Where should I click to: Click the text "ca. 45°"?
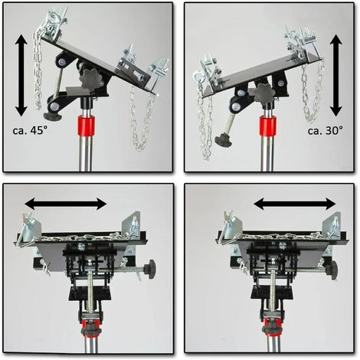click(30, 130)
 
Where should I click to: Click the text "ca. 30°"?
click(326, 130)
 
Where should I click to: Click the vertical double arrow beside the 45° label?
click(21, 76)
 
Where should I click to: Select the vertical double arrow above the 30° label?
click(336, 75)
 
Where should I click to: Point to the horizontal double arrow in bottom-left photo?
click(66, 204)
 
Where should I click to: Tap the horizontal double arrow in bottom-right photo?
click(295, 204)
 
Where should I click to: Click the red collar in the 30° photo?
click(268, 126)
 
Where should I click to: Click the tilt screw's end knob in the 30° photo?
click(223, 141)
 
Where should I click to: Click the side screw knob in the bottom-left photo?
click(149, 269)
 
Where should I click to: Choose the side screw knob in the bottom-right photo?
click(332, 270)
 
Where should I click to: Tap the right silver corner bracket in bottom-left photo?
click(131, 223)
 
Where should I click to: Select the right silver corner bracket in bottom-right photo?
click(332, 223)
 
